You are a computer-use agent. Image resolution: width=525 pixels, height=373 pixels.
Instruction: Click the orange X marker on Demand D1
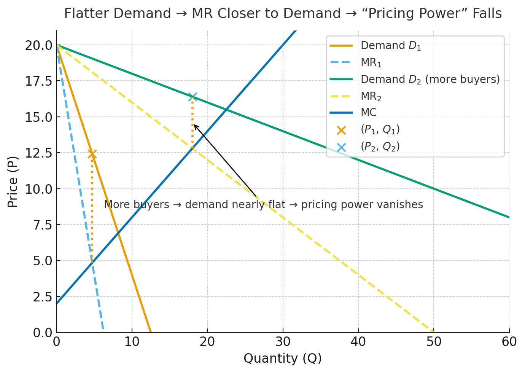point(92,154)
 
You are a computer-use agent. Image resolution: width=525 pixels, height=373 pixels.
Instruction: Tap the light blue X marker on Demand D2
point(192,97)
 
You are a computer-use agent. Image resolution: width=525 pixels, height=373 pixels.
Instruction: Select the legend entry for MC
point(368,113)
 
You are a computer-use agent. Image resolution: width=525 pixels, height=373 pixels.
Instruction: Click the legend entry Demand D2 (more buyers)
point(430,79)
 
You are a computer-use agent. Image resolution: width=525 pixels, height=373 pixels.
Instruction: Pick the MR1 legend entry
point(371,62)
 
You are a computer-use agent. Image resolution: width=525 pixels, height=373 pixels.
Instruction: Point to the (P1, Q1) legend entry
point(380,130)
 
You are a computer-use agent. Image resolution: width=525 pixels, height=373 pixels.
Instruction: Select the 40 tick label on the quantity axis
point(358,342)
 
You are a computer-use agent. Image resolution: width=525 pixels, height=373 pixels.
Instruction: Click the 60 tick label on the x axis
point(509,342)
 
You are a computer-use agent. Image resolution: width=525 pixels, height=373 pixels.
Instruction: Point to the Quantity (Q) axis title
point(283,358)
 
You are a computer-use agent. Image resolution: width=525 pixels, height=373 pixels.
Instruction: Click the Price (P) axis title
point(13,182)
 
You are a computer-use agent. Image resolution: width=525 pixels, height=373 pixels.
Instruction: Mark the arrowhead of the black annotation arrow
point(194,125)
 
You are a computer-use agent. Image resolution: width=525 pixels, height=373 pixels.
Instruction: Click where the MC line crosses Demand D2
point(226,110)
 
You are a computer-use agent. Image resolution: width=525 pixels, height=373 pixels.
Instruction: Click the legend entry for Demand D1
point(391,46)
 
